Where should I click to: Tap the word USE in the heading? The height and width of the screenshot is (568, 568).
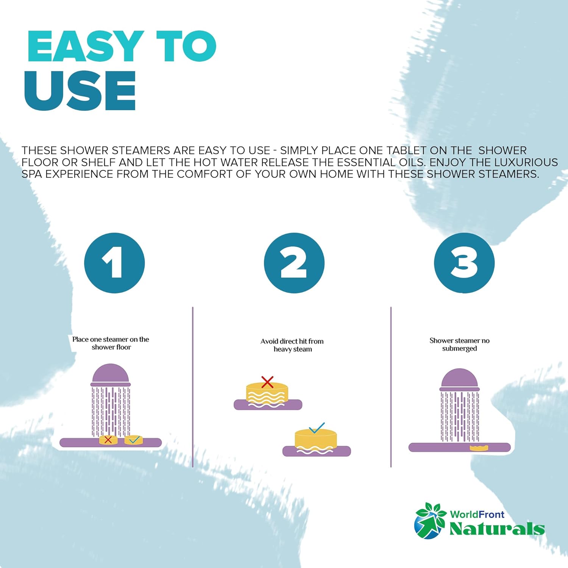pos(80,91)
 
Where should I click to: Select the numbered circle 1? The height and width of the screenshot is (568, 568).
pos(114,263)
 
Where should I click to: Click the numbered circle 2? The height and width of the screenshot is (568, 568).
pos(294,263)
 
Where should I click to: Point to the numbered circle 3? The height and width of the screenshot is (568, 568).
pos(464,263)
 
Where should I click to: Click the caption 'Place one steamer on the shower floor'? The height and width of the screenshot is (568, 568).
pos(111,343)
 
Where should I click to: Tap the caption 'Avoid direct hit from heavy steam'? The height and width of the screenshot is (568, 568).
pos(292,345)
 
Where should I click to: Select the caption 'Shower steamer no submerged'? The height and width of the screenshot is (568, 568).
pos(459,344)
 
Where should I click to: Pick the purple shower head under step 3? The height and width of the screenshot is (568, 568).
pos(459,379)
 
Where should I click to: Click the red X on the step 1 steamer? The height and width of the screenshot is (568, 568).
pos(108,440)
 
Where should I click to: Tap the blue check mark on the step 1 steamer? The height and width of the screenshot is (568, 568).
pos(134,440)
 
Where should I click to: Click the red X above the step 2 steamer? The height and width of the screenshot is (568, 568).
pos(267,382)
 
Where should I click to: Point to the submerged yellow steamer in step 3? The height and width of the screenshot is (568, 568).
pos(479,448)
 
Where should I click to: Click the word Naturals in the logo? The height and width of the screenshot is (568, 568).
pos(497,529)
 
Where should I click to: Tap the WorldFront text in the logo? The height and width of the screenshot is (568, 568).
pos(477,514)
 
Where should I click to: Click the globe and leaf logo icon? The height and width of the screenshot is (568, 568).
pos(431,520)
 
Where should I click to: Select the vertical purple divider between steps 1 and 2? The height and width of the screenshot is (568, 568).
pos(193,387)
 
